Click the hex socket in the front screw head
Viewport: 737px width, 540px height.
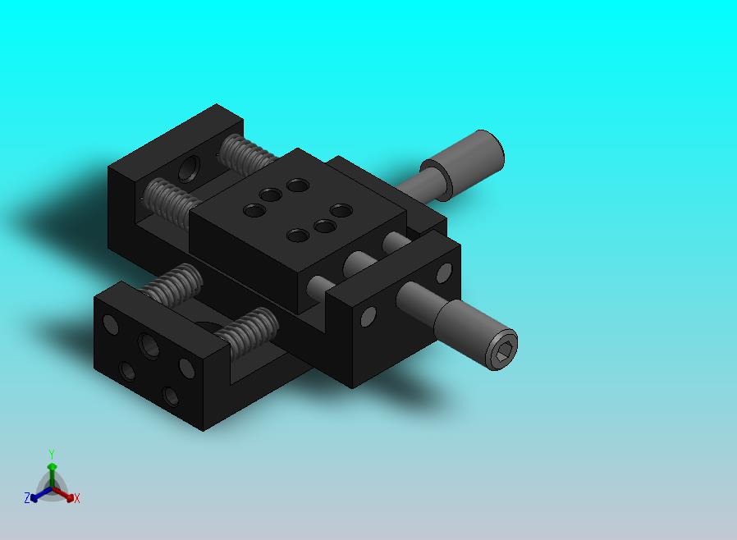pyautogui.click(x=501, y=350)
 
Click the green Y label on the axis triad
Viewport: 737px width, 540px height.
pyautogui.click(x=52, y=455)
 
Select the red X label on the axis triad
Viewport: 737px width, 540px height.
pyautogui.click(x=77, y=498)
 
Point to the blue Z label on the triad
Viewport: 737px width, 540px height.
pyautogui.click(x=27, y=497)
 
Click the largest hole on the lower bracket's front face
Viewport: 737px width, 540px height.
pyautogui.click(x=149, y=346)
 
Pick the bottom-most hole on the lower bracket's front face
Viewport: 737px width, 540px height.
pyautogui.click(x=171, y=396)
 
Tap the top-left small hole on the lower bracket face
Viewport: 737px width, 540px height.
pyautogui.click(x=111, y=324)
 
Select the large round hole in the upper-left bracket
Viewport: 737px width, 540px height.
pyautogui.click(x=189, y=169)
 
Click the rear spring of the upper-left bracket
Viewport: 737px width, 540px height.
pyautogui.click(x=247, y=154)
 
